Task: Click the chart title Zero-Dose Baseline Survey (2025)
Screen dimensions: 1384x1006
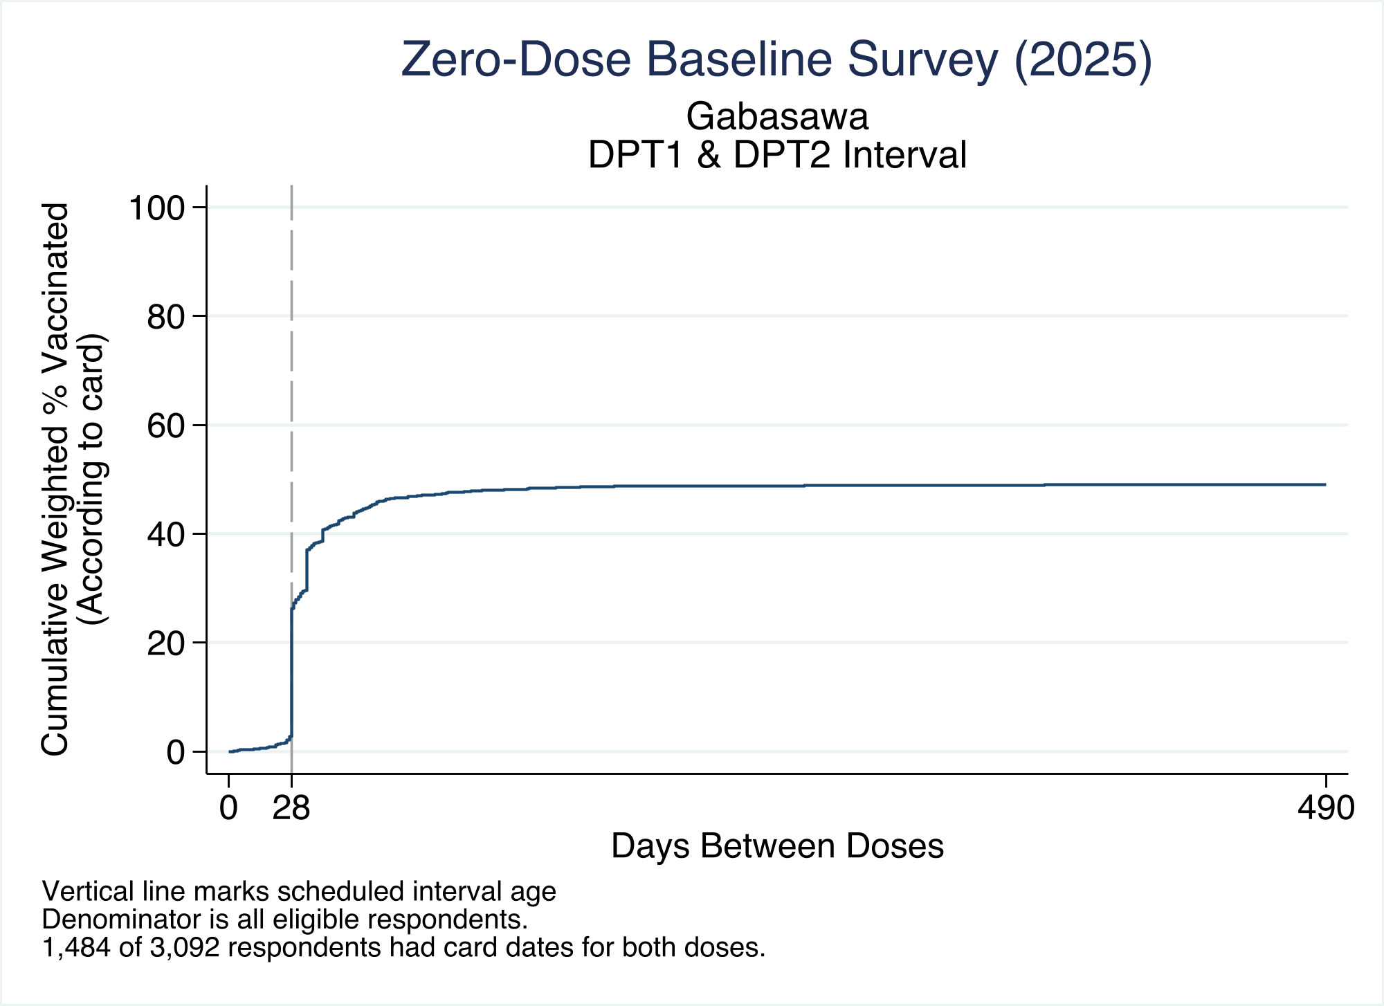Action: [776, 60]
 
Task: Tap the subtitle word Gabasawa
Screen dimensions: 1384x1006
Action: [777, 116]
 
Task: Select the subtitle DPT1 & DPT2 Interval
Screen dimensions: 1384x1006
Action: [777, 154]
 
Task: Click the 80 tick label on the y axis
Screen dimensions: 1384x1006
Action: [166, 317]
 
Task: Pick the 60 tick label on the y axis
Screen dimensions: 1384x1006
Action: [166, 426]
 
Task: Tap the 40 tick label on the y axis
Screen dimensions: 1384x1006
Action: [166, 534]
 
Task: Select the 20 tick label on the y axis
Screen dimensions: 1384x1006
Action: [166, 643]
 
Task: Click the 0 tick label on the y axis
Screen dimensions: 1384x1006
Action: [176, 752]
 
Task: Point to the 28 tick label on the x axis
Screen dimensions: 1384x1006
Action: [291, 807]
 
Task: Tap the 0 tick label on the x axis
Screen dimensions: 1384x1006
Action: [228, 807]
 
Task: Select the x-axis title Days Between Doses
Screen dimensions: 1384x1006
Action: [777, 846]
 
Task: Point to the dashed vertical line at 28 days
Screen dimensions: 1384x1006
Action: [291, 479]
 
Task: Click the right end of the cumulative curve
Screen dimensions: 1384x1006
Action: [1325, 484]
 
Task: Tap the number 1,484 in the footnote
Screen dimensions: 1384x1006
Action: [76, 947]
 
